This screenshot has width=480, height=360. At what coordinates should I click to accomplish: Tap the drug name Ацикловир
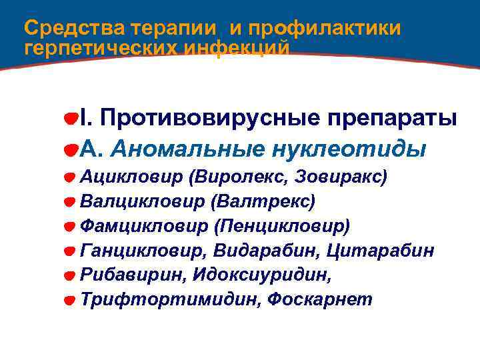pyautogui.click(x=131, y=177)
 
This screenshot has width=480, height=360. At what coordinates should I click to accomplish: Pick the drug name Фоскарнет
pyautogui.click(x=320, y=299)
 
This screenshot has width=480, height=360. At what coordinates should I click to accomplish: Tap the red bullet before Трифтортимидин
pyautogui.click(x=69, y=301)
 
